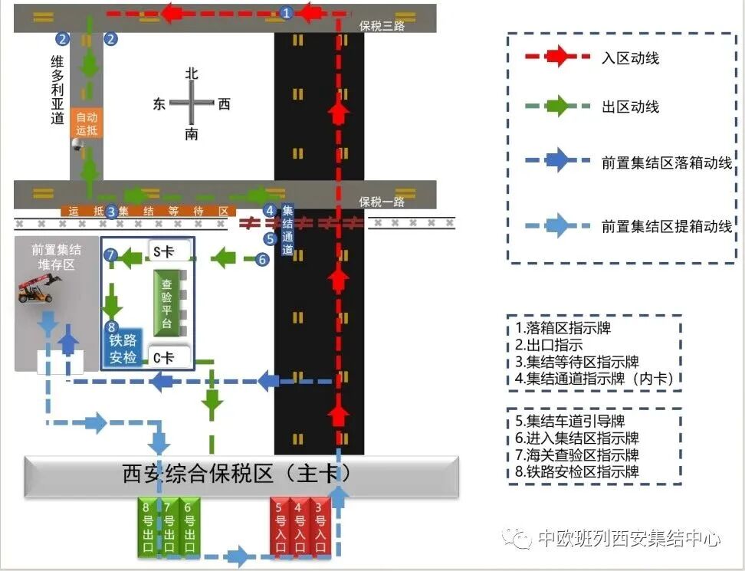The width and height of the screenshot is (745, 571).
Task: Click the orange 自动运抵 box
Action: [x=86, y=123]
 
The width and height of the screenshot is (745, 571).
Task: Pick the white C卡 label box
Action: [x=166, y=357]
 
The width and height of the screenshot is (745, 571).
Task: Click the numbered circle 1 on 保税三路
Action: [x=287, y=12]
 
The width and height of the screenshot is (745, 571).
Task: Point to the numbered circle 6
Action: [x=262, y=259]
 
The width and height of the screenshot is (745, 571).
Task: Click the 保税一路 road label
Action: [x=382, y=202]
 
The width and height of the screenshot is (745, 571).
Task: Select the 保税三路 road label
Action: [x=382, y=26]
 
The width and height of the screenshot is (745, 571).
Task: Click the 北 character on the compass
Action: [x=192, y=74]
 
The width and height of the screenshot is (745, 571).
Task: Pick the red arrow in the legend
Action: [x=557, y=57]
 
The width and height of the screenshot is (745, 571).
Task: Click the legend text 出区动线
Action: [x=630, y=107]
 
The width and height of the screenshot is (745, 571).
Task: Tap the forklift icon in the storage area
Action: [x=40, y=289]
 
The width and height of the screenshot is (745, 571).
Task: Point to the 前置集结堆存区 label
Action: [x=56, y=256]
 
